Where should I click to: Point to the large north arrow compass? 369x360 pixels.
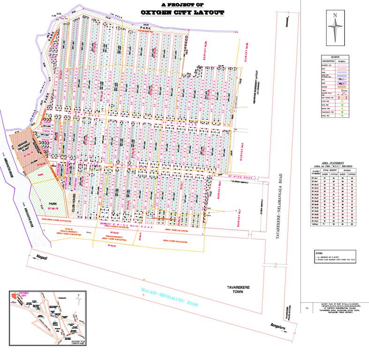[x=335, y=27]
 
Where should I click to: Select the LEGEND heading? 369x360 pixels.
[x=335, y=56]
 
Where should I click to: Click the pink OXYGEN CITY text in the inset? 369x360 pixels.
[x=23, y=294]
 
